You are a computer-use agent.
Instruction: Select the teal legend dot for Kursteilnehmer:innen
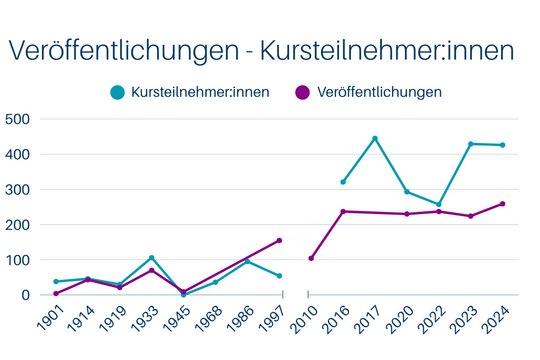(x=118, y=92)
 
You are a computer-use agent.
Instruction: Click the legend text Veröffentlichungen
(x=380, y=92)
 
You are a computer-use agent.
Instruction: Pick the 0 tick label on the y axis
(x=27, y=295)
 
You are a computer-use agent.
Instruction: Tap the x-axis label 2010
(x=301, y=319)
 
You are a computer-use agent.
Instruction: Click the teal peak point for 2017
(x=375, y=138)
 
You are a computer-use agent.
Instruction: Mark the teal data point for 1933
(x=151, y=258)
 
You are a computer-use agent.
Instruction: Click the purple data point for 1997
(x=279, y=240)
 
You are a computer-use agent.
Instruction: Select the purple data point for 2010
(x=311, y=258)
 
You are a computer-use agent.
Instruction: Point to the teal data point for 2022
(x=438, y=204)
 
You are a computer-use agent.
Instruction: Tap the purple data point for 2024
(x=502, y=204)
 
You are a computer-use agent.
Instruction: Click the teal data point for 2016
(x=343, y=182)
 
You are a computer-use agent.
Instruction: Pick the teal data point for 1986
(x=247, y=261)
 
